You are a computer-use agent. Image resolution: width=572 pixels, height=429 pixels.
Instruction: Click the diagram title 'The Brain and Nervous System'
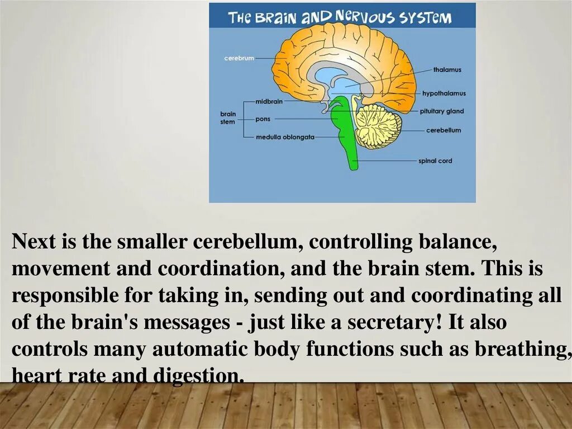pos(340,17)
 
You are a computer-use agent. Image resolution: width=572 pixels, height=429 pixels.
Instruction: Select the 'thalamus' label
pos(447,70)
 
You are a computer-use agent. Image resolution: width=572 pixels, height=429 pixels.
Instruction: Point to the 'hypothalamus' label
pos(444,93)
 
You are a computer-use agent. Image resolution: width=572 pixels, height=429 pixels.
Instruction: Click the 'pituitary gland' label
pos(442,111)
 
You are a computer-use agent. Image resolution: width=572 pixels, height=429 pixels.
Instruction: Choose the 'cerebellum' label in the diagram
pos(444,130)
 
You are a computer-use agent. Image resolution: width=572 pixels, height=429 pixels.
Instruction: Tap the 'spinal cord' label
pos(435,161)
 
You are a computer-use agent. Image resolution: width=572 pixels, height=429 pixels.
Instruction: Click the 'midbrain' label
pos(269,102)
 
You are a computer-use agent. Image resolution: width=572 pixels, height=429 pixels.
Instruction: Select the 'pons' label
pos(263,119)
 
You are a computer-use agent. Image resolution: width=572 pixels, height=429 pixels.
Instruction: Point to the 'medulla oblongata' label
pos(285,137)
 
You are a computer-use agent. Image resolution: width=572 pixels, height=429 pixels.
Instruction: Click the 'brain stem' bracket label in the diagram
pos(228,117)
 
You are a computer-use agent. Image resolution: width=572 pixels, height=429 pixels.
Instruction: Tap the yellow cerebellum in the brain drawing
pos(378,126)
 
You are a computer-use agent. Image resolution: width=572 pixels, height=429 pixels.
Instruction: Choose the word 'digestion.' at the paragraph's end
pos(199,376)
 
